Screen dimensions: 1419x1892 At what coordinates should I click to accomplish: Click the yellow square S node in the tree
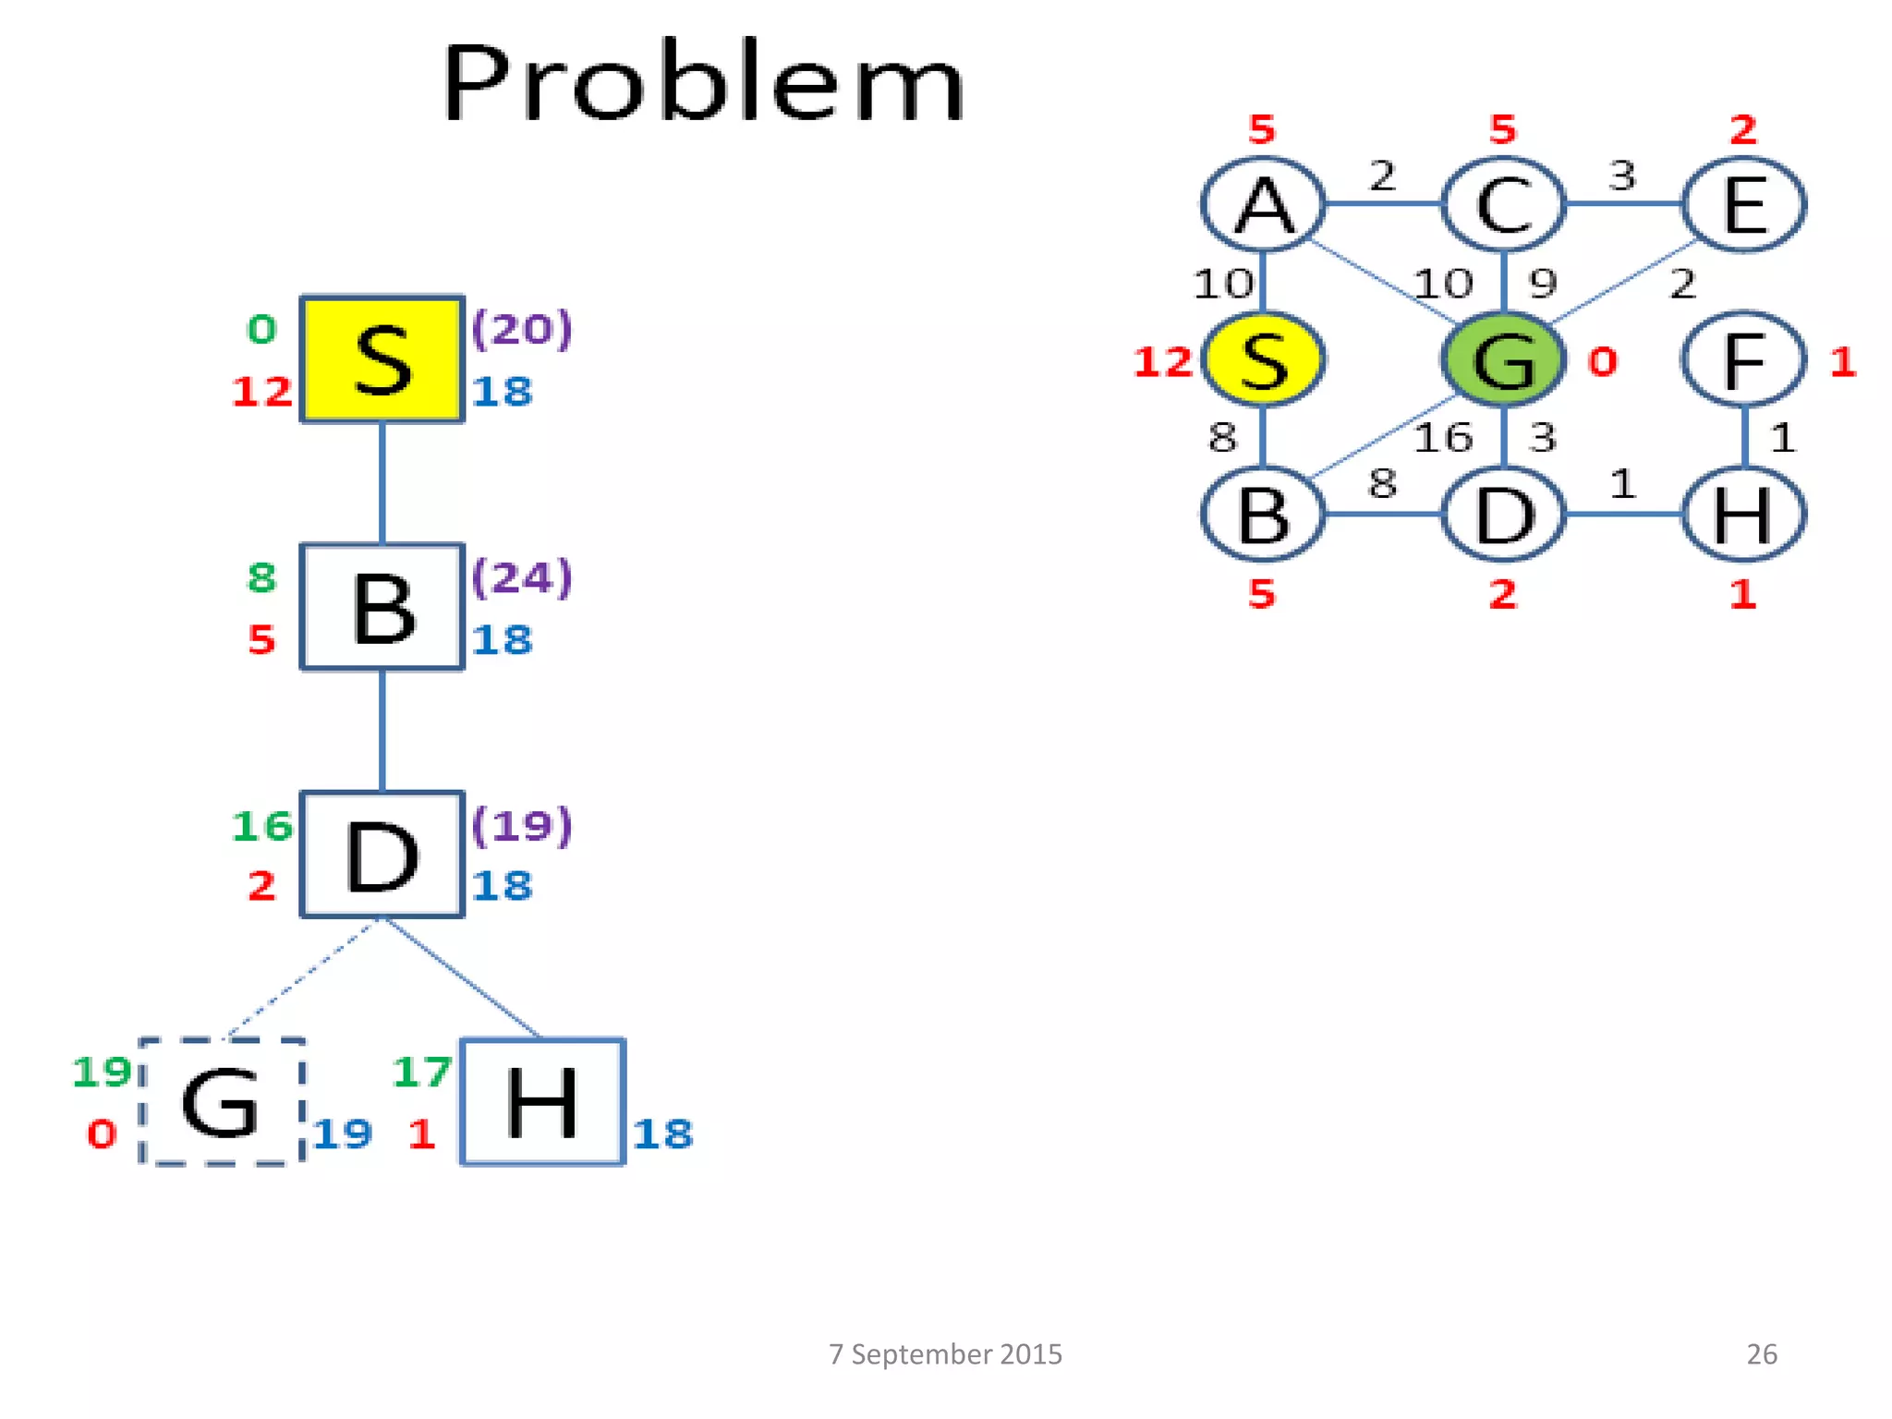click(382, 359)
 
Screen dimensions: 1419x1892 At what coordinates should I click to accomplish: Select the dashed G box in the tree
click(222, 1101)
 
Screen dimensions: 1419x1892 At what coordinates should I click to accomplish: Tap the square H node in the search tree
click(542, 1101)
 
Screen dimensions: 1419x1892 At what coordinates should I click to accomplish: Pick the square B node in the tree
click(382, 607)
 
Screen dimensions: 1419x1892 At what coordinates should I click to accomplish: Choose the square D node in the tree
click(382, 855)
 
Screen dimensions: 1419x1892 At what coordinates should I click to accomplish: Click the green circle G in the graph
click(1503, 359)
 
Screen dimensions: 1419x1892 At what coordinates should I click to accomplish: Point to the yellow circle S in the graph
click(1263, 359)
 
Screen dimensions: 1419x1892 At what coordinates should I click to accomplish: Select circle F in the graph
click(1743, 359)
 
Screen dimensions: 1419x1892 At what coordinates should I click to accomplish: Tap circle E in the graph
click(1743, 204)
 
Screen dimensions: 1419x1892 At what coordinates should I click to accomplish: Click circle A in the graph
click(1263, 204)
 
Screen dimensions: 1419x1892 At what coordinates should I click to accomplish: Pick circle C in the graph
click(1503, 204)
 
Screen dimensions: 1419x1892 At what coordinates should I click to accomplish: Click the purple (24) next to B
click(522, 577)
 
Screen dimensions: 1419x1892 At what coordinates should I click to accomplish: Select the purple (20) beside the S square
click(522, 329)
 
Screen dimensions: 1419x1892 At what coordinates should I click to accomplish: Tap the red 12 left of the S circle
click(1163, 361)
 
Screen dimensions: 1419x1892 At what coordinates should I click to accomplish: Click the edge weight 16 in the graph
click(1443, 437)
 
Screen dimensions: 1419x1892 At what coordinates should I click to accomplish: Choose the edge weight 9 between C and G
click(1542, 283)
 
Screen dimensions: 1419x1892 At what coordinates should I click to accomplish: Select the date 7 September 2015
click(945, 1353)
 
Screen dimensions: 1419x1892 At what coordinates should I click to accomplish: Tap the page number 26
click(1761, 1353)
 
